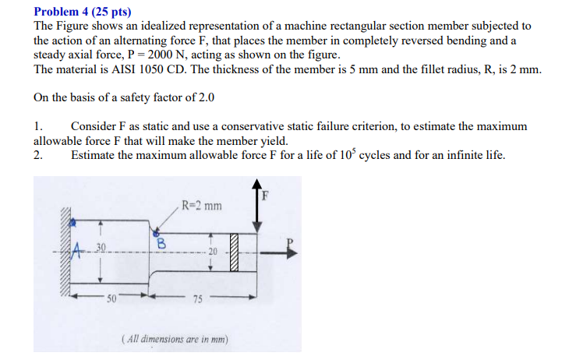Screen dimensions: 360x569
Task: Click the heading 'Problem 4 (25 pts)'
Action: tap(83, 12)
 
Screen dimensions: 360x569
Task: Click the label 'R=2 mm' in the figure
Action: tap(201, 206)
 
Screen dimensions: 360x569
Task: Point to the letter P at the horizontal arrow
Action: tap(292, 241)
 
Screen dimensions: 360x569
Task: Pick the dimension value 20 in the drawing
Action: tap(213, 251)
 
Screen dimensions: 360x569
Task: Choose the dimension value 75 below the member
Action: tap(198, 300)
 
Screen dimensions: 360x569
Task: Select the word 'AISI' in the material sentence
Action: tap(127, 69)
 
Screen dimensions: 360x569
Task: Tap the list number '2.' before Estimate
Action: tap(39, 154)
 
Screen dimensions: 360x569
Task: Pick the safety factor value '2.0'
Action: tap(202, 98)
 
